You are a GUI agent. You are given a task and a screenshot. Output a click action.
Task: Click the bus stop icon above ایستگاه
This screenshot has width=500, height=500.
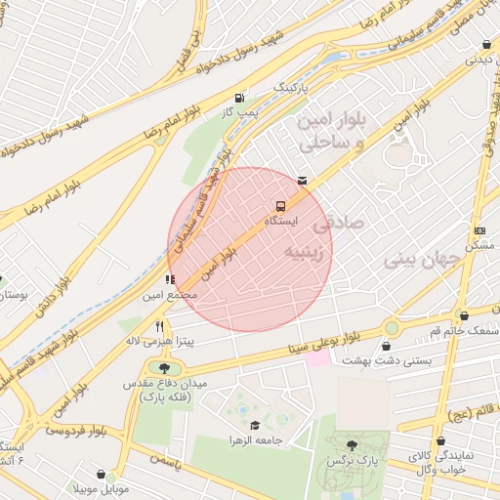281,206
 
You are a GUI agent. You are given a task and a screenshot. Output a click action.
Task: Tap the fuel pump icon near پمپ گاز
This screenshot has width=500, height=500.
240,98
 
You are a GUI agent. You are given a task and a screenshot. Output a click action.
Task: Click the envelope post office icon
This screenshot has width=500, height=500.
302,180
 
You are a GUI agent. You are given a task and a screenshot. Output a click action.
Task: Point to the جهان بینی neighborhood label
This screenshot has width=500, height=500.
421,260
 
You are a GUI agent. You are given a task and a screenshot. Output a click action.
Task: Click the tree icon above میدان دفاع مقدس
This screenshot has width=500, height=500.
163,368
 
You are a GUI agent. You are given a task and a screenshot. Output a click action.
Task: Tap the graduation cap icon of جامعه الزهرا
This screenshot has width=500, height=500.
255,426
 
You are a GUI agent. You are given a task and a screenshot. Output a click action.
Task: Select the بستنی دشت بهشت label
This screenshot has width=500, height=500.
384,360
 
